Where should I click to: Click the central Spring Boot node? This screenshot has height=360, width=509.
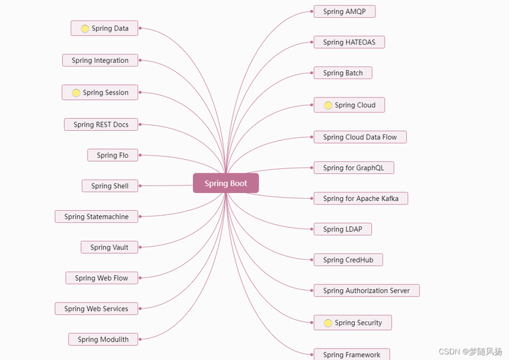226,183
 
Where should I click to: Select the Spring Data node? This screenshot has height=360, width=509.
105,28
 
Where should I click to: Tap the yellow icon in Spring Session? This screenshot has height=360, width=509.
76,93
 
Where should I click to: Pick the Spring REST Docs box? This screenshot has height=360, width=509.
101,124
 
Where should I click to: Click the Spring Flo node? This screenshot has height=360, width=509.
112,155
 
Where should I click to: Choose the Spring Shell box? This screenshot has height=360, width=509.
110,186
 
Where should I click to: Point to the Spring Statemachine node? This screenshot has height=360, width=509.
96,216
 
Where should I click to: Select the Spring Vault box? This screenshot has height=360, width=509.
110,248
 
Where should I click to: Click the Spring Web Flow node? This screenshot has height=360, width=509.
102,278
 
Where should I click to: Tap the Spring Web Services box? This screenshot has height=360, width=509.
96,308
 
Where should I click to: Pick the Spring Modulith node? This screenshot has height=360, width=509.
103,339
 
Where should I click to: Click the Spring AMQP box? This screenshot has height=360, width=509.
344,11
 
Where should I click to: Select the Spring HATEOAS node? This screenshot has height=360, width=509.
349,42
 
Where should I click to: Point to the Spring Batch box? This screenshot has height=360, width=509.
343,73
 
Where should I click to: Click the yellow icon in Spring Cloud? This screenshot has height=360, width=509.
328,105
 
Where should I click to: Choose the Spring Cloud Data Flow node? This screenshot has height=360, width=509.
360,137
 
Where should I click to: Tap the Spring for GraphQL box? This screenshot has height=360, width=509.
353,168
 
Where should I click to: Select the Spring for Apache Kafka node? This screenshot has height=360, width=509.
361,199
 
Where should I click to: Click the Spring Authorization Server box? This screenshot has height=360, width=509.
366,291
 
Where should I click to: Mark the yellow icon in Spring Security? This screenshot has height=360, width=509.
328,323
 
